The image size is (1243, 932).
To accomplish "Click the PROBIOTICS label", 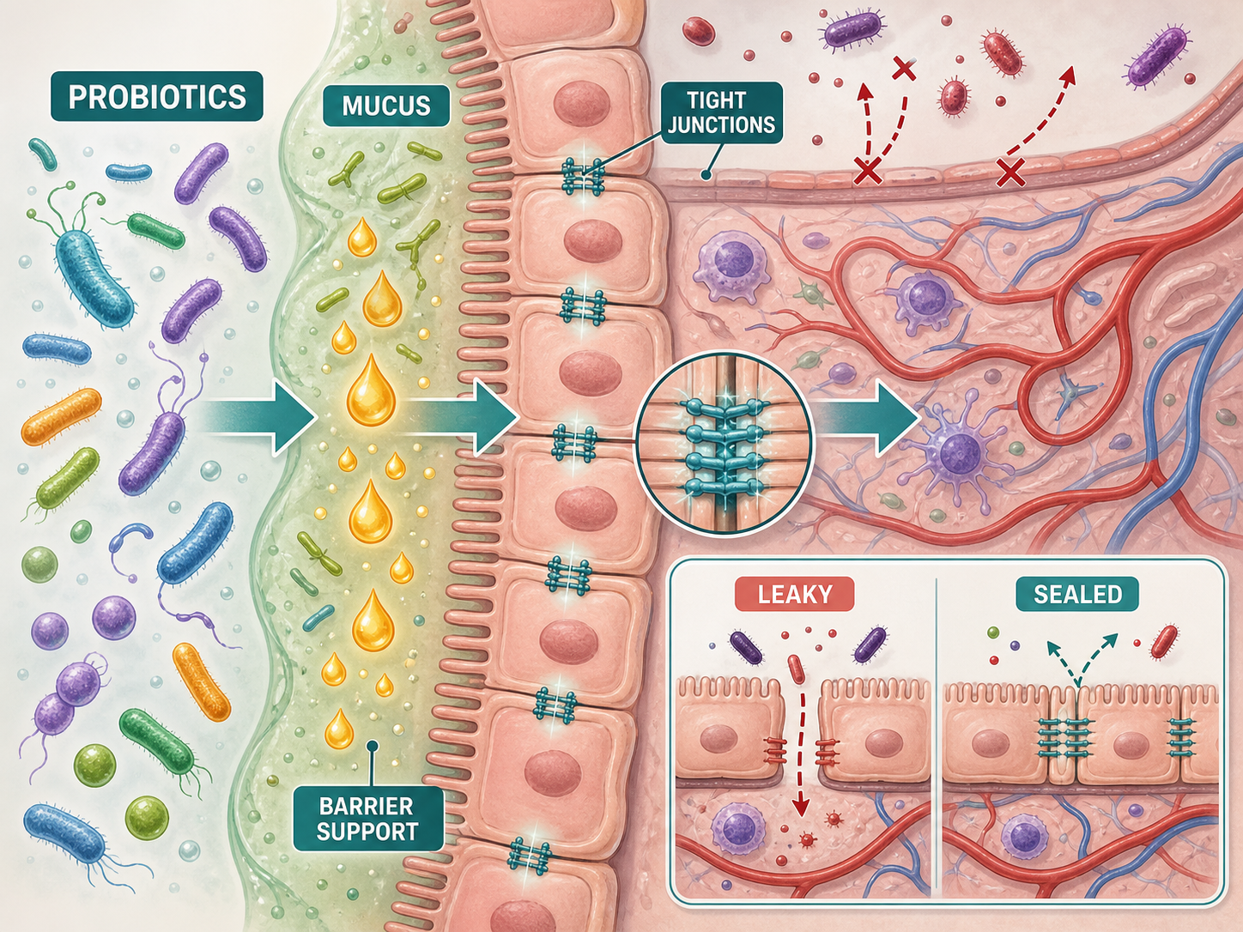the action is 157,96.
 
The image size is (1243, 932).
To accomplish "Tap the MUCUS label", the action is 386,106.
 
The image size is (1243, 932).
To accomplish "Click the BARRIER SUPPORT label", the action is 367,819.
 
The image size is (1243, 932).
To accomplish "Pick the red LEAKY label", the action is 795,594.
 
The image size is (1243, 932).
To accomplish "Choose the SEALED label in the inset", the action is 1077,594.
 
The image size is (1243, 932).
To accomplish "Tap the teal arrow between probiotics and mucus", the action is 258,418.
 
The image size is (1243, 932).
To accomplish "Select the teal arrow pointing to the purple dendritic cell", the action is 866,418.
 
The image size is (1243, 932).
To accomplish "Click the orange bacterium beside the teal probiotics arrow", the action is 61,416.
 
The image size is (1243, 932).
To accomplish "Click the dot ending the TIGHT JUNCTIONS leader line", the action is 706,176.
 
